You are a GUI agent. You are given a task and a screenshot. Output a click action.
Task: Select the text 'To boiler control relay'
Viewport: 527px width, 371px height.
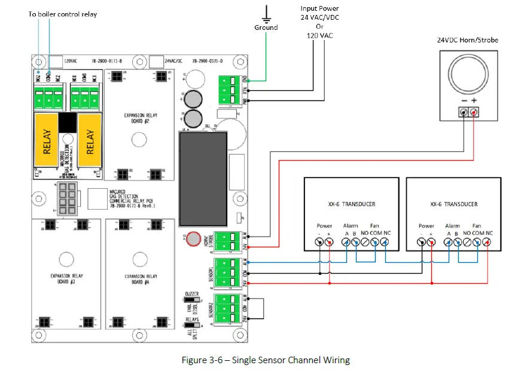tap(62, 14)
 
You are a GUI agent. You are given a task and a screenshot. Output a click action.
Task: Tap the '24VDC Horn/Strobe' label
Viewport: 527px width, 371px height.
tap(468, 40)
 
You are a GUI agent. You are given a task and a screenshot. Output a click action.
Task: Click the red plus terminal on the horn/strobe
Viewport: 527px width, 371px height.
tap(474, 112)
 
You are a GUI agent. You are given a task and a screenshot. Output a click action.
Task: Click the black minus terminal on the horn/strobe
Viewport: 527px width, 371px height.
tap(462, 112)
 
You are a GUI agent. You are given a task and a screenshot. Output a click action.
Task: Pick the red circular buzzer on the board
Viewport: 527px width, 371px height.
tap(194, 240)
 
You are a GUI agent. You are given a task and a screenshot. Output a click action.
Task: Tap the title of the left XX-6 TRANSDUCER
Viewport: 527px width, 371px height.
tap(352, 204)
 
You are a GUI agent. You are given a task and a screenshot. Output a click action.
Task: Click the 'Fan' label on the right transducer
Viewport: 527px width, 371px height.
tap(476, 226)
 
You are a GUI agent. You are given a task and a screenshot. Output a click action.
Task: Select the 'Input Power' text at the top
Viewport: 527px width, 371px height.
tap(319, 8)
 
